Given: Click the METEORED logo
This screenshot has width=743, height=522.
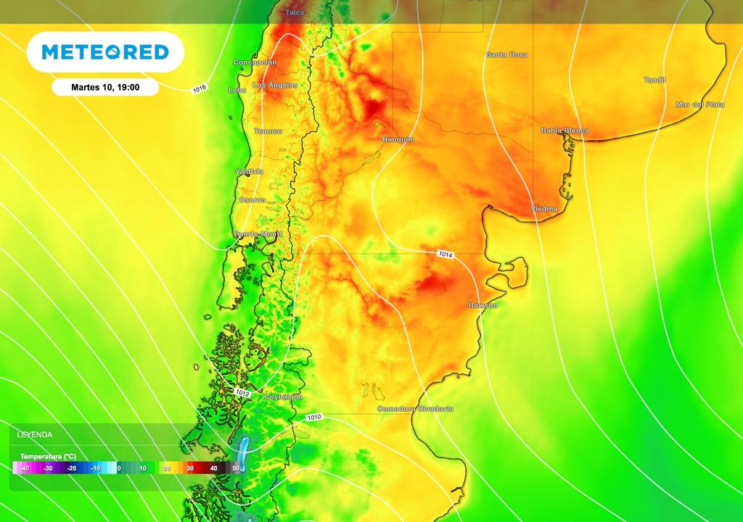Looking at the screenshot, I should pos(105,52).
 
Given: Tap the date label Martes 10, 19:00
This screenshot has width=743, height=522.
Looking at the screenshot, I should pos(105,87).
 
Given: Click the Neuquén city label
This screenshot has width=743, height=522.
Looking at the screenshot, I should pos(398,138).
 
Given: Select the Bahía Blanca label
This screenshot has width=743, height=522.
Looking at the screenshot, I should pos(565,130).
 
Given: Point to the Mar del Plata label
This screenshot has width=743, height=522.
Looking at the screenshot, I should pos(699,104).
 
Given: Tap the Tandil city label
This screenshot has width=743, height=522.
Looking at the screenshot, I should pos(654,80).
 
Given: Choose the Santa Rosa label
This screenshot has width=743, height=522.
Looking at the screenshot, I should pos(506,54).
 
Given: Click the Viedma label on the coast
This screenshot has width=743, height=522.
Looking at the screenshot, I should pos(544,209).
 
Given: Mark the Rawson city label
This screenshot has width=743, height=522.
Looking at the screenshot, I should pos(483,305).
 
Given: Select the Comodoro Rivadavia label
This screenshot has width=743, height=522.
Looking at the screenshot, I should pos(415,409).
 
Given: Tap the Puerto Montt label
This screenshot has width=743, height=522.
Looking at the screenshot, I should pos(252,233).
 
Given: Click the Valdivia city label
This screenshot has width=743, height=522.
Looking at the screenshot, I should pos(249,171).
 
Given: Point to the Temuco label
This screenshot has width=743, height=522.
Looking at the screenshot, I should pos(268,131).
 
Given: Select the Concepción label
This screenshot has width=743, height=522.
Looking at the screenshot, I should pos(255,62).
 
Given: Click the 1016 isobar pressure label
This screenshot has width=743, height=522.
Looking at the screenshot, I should pos(200,89).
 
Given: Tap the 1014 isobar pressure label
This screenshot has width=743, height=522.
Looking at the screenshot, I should pos(446,254).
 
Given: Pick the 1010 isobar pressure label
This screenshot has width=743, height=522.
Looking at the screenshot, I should pos(314,417).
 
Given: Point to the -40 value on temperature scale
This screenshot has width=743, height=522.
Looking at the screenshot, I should pos(25,468).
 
